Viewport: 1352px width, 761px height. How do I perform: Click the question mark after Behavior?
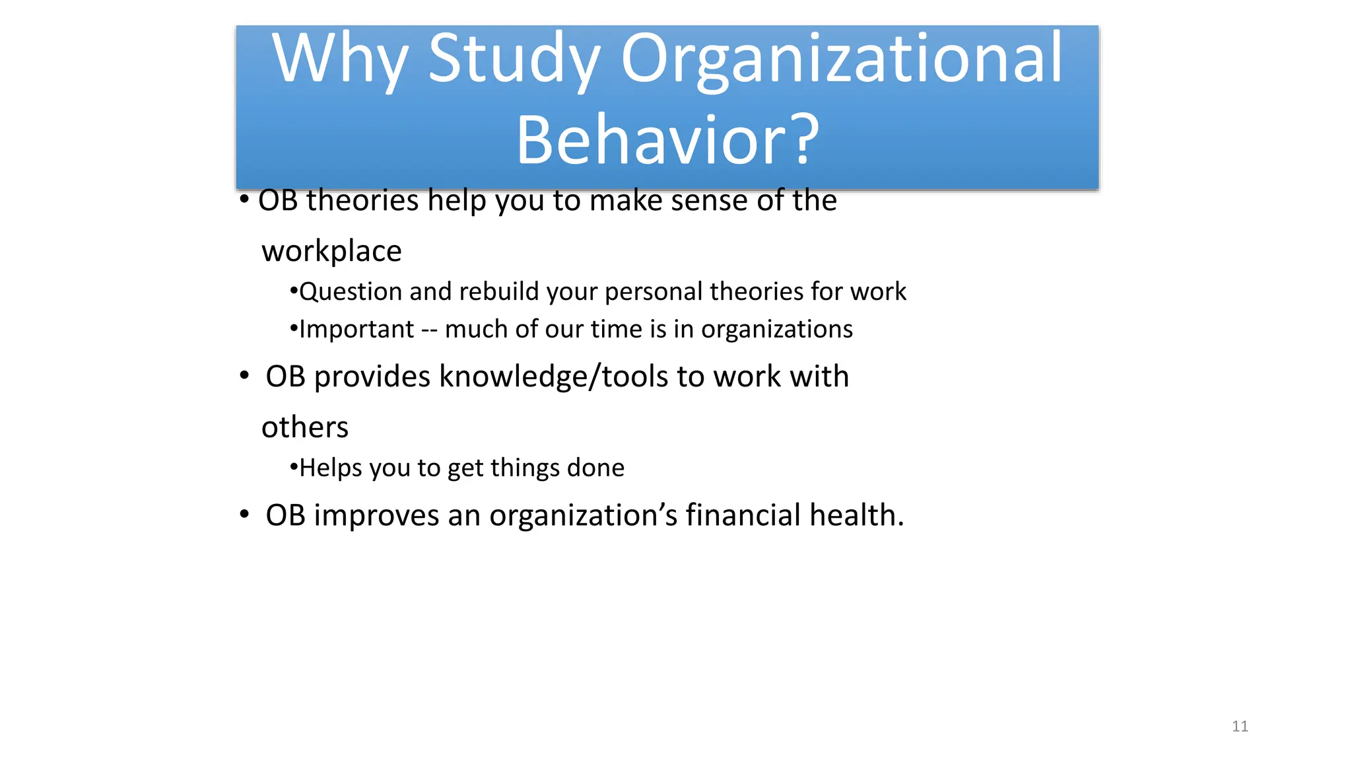[x=806, y=140]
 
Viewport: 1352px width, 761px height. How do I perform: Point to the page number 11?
[x=1240, y=727]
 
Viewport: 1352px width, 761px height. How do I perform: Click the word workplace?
[x=331, y=252]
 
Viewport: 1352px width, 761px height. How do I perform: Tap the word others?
[x=305, y=427]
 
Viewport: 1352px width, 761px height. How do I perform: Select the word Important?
[x=356, y=330]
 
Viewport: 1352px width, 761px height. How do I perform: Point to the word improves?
[x=376, y=516]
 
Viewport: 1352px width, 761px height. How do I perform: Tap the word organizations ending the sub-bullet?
[x=776, y=330]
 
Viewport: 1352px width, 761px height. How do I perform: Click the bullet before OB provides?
[x=244, y=376]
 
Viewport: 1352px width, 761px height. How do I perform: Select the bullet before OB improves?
[x=244, y=515]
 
